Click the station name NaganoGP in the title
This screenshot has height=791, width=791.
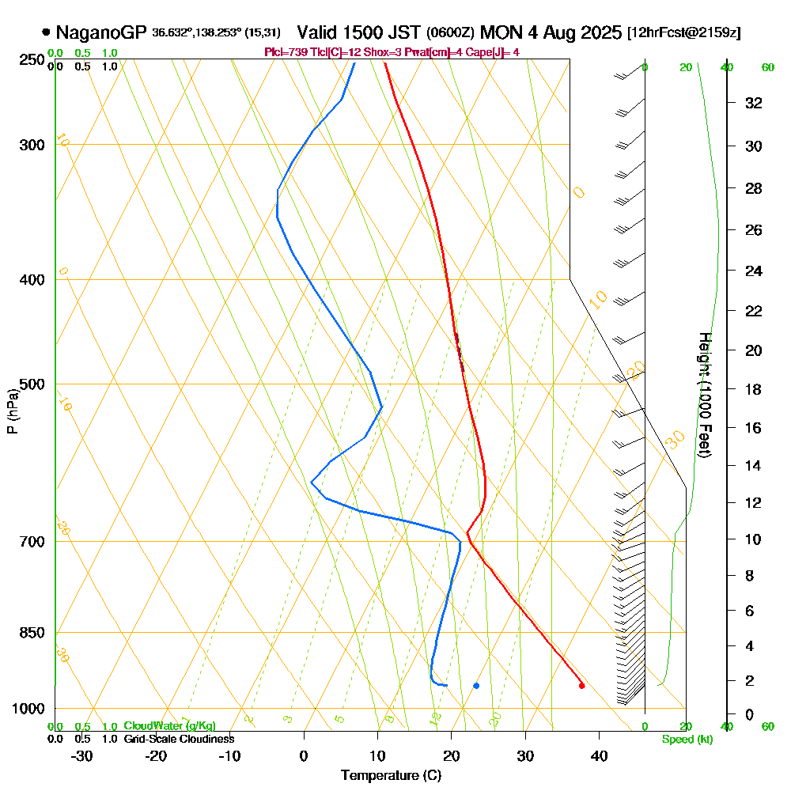[x=101, y=32]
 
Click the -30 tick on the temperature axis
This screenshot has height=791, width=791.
[x=82, y=755]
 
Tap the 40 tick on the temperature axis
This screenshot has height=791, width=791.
[x=599, y=755]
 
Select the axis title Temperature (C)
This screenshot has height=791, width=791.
[x=391, y=776]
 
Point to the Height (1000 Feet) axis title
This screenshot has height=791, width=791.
[x=704, y=395]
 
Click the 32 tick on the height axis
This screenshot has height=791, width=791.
[x=754, y=103]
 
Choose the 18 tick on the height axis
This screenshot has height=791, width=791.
[x=754, y=389]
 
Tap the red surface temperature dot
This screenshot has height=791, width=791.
[x=581, y=686]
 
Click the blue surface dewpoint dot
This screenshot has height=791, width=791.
[x=476, y=686]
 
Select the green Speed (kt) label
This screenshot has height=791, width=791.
[x=687, y=739]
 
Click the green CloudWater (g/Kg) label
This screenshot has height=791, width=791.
[x=169, y=726]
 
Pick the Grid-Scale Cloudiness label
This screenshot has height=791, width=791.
[x=179, y=739]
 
